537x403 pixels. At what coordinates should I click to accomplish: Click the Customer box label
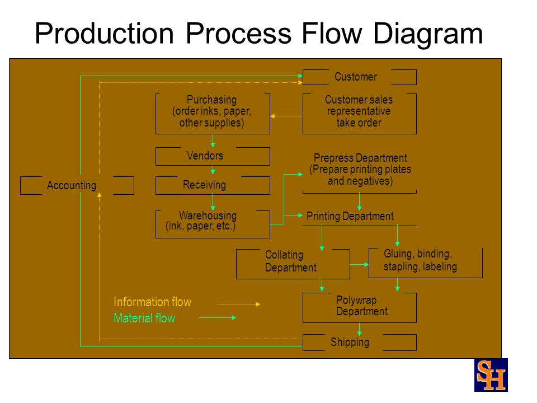tap(356, 77)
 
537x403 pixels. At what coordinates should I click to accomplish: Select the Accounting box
tap(77, 185)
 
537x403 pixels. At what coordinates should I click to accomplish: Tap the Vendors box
tap(213, 156)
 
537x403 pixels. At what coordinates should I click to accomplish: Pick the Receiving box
tap(213, 185)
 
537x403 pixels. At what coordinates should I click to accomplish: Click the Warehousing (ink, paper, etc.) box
tap(213, 224)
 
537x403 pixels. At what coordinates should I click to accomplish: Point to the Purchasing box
tap(213, 114)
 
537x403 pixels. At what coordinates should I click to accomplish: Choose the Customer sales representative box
tap(360, 114)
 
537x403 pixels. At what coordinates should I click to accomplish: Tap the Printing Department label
tap(350, 216)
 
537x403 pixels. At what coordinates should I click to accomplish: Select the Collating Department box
tap(293, 264)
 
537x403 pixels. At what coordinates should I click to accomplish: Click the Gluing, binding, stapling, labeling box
tap(425, 263)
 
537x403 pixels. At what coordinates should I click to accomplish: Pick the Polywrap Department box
tap(360, 308)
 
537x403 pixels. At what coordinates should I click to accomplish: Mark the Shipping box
tap(360, 343)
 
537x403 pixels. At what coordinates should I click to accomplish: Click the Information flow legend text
tap(152, 302)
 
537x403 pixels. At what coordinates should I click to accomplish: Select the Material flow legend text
tap(144, 318)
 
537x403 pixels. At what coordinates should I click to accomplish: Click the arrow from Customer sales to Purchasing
tap(286, 116)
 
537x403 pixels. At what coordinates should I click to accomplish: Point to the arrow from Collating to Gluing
tap(359, 264)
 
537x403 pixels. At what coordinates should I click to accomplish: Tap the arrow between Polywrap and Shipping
tap(359, 329)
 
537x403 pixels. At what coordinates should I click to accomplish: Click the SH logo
tap(491, 375)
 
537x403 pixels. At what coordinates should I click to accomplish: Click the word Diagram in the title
tap(428, 34)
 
